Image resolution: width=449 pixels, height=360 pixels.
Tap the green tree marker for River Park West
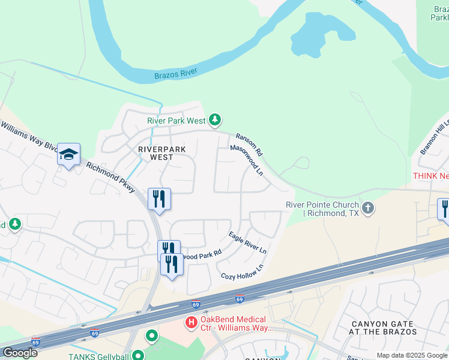pos(215,121)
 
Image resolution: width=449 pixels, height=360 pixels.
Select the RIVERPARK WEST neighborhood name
pos(161,153)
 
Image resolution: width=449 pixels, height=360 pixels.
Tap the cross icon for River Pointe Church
pos(368,208)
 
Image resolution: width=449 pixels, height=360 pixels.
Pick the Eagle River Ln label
pos(247,242)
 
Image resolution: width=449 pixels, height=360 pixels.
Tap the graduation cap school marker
pos(68,155)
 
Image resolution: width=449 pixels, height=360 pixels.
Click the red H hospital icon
pos(191,323)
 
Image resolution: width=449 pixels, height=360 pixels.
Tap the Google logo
pos(20,353)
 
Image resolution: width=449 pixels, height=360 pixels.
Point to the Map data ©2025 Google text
pos(412,355)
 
